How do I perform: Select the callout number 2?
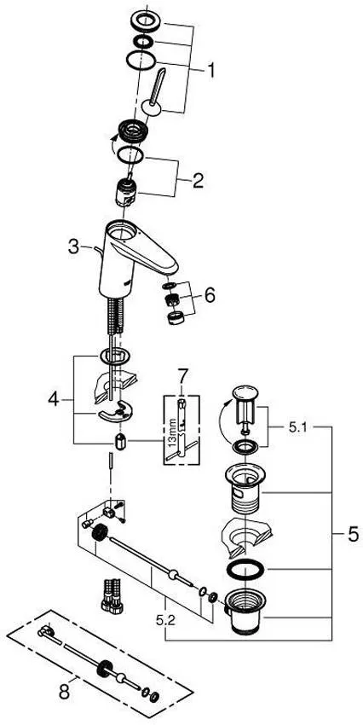(198, 180)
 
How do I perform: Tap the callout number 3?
(74, 246)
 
